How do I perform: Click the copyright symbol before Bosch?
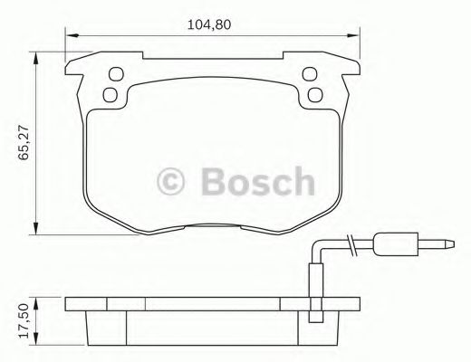(x=173, y=180)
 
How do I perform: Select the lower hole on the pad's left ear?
(x=111, y=93)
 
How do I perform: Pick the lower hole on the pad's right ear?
(x=314, y=93)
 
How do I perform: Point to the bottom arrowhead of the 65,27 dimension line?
(x=35, y=226)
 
